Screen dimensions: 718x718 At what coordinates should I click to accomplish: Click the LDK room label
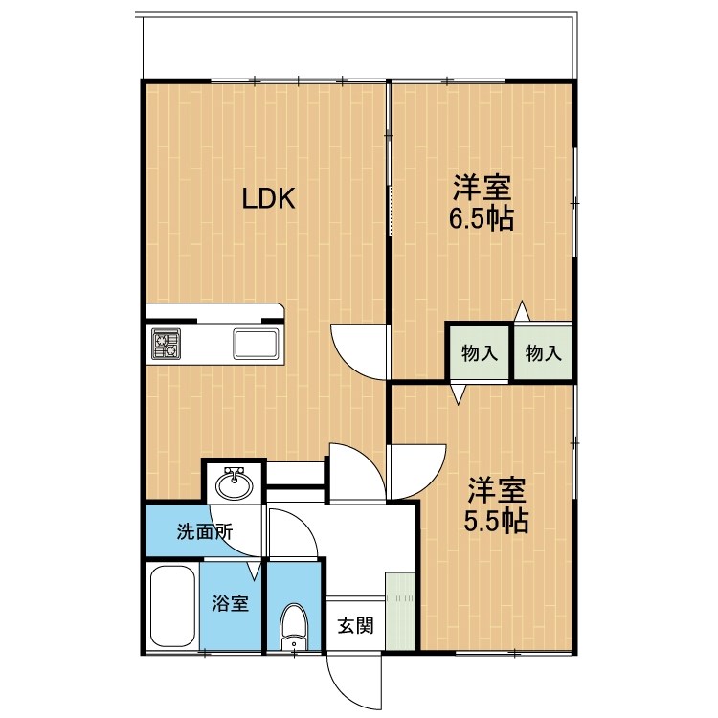point(268,199)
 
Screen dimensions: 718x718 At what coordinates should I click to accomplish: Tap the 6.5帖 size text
point(482,219)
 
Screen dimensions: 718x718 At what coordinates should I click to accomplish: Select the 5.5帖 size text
point(496,521)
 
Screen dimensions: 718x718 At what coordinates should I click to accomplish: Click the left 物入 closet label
point(480,353)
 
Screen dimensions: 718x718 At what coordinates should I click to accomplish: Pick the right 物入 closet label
point(544,353)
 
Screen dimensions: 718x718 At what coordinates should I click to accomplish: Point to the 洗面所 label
point(205,531)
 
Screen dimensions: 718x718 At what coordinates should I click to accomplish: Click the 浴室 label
point(230,603)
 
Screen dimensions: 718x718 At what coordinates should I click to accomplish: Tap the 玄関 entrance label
point(356,625)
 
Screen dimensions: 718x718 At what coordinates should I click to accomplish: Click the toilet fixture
point(294,627)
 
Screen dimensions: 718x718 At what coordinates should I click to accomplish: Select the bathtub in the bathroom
point(172,607)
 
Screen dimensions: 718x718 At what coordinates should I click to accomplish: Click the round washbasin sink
point(234,483)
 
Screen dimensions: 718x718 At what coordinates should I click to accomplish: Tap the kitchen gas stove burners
point(167,344)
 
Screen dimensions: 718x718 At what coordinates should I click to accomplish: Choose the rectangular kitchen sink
point(256,344)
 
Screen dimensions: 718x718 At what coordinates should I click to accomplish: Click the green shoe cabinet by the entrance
point(400,611)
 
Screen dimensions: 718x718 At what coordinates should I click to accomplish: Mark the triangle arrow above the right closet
point(522,312)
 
